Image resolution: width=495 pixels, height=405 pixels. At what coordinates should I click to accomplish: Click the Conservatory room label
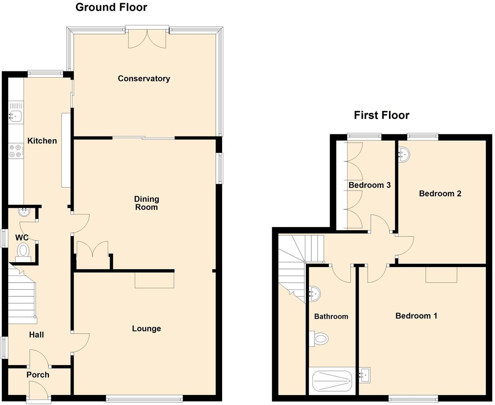pyautogui.click(x=144, y=78)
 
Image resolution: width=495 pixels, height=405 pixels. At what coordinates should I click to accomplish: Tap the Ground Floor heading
pyautogui.click(x=111, y=7)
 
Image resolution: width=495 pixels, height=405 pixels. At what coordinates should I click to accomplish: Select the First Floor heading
pyautogui.click(x=381, y=115)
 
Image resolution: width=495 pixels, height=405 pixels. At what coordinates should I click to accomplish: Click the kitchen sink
pyautogui.click(x=16, y=115)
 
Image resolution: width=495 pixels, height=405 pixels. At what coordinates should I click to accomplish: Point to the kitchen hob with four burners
pyautogui.click(x=16, y=151)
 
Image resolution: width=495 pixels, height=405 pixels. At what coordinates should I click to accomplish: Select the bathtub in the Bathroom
pyautogui.click(x=332, y=381)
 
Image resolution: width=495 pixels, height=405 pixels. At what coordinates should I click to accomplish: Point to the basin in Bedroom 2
pyautogui.click(x=404, y=154)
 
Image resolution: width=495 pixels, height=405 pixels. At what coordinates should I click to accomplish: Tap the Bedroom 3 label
pyautogui.click(x=369, y=185)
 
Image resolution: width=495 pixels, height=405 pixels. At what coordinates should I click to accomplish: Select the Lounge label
pyautogui.click(x=146, y=329)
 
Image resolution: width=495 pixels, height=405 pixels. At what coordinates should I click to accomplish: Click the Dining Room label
pyautogui.click(x=146, y=203)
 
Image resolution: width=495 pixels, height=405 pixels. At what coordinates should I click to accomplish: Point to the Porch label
pyautogui.click(x=38, y=375)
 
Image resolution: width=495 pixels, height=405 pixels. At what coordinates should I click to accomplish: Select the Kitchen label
pyautogui.click(x=42, y=141)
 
